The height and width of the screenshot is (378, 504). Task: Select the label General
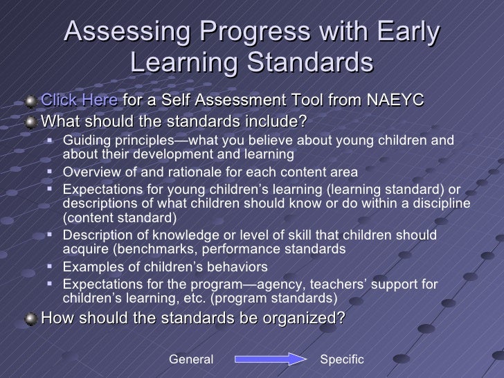click(x=191, y=359)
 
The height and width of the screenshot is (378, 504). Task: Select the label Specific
click(x=341, y=359)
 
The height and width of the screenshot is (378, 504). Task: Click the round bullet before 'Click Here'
click(x=30, y=102)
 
